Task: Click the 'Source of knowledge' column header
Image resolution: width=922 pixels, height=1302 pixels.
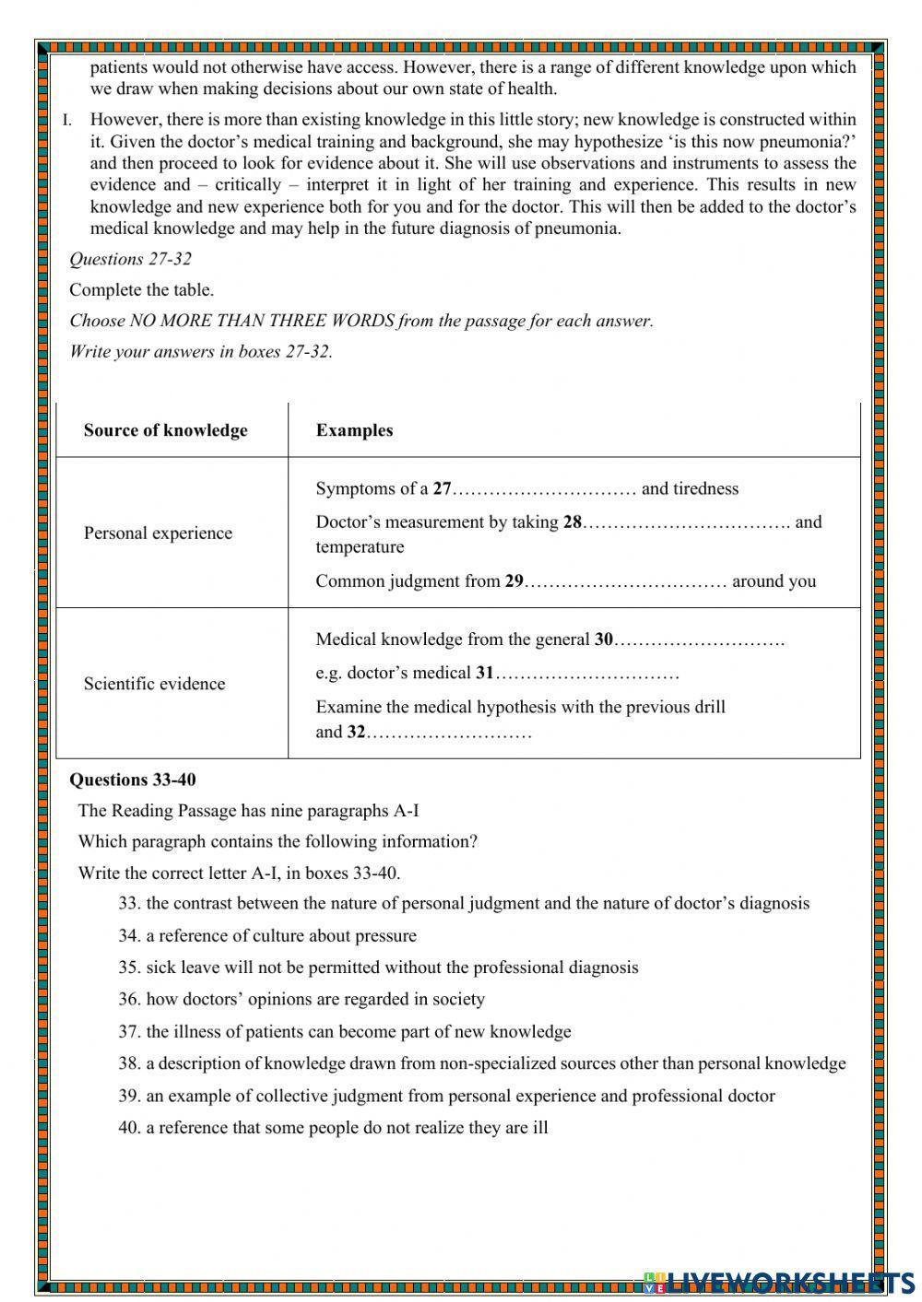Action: pyautogui.click(x=165, y=430)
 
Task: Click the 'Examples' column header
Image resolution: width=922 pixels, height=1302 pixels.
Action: pyautogui.click(x=354, y=430)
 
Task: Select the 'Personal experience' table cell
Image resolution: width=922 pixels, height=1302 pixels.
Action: pyautogui.click(x=158, y=533)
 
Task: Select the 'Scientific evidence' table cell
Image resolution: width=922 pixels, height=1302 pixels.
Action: pyautogui.click(x=154, y=684)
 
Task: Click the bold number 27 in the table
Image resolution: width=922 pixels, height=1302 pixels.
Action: pyautogui.click(x=442, y=488)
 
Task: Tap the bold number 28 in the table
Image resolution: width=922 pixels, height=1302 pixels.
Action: pyautogui.click(x=573, y=522)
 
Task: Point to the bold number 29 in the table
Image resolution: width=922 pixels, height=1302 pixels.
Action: pyautogui.click(x=514, y=581)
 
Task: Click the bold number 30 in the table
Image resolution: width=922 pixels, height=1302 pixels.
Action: pyautogui.click(x=603, y=639)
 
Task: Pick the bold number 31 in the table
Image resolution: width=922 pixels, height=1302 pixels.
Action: pyautogui.click(x=485, y=673)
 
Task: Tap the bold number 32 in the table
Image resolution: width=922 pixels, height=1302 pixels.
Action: pyautogui.click(x=356, y=733)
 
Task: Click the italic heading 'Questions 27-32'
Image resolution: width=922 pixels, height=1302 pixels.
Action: pyautogui.click(x=130, y=259)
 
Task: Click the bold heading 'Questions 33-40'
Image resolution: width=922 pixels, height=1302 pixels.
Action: pyautogui.click(x=133, y=780)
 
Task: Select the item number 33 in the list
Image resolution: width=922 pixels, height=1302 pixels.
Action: pyautogui.click(x=128, y=903)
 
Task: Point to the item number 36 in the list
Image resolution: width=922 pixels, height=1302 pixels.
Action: pyautogui.click(x=128, y=999)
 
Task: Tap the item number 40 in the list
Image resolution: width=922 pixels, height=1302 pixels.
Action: pyautogui.click(x=128, y=1127)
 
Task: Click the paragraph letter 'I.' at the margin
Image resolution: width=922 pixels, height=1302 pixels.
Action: pyautogui.click(x=67, y=120)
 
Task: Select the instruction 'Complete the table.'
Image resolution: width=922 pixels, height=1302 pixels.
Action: pyautogui.click(x=141, y=290)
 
